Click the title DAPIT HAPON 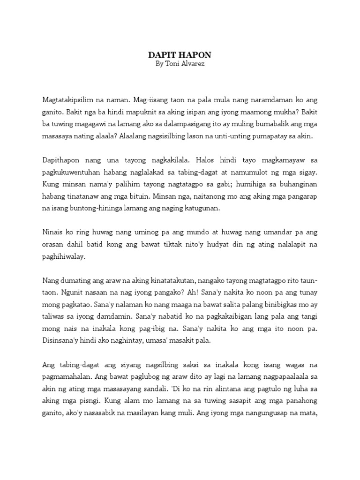[180, 55]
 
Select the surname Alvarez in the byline [192, 64]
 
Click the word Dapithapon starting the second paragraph [61, 161]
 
